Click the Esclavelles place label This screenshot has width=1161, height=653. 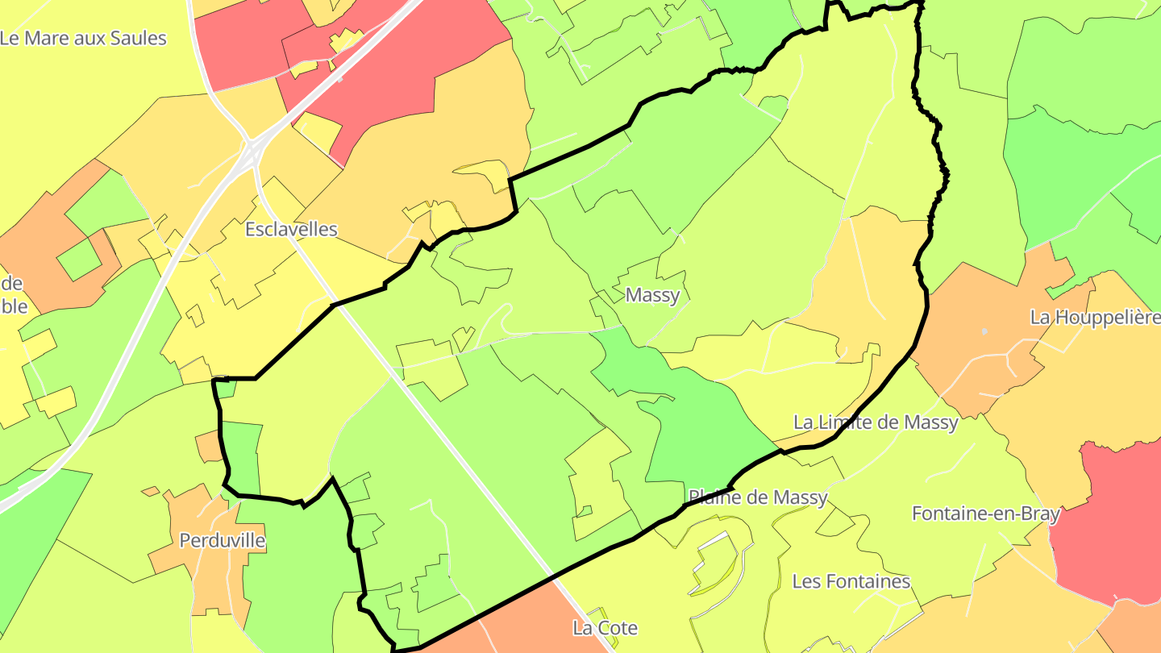[x=291, y=229]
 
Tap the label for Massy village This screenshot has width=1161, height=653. [x=652, y=295]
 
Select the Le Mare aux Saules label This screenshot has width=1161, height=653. [x=83, y=38]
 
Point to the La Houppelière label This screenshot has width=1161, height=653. [x=1095, y=317]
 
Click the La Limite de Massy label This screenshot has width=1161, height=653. [x=876, y=422]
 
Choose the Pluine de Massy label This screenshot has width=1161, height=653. [x=758, y=497]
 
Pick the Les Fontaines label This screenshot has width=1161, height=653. [x=851, y=581]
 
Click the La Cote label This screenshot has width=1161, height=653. [x=605, y=627]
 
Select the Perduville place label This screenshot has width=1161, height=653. [x=222, y=540]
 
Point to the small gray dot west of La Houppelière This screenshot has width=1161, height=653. [x=984, y=331]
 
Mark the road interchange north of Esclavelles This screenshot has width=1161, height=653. [x=252, y=149]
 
